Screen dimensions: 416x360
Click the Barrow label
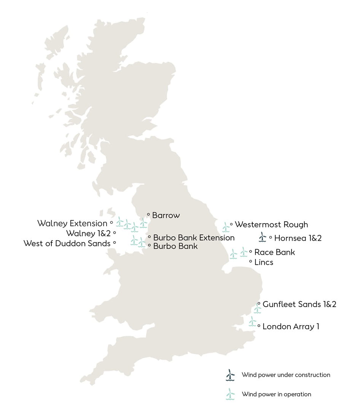[x=166, y=216]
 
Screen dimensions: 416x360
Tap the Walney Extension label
[x=72, y=223]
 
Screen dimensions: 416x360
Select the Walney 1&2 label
[x=88, y=233]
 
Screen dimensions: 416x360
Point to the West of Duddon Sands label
[x=67, y=243]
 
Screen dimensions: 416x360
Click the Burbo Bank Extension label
[x=194, y=238]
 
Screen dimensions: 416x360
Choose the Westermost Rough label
[x=271, y=225]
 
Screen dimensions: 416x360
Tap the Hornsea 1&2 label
[x=298, y=238]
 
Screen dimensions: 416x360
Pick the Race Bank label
[x=274, y=252]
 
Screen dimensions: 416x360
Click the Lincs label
[x=264, y=262]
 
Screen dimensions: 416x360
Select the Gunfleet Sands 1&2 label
[x=299, y=304]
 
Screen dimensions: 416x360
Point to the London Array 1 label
[x=291, y=326]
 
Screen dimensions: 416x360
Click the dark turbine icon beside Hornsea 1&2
[x=262, y=237]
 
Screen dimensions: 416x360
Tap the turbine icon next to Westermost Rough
[x=226, y=227]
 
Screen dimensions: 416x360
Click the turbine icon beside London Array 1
[x=252, y=321]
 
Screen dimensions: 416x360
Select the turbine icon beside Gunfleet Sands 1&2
[x=258, y=308]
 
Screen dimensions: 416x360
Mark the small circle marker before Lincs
[x=250, y=262]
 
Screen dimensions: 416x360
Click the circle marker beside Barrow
[x=148, y=214]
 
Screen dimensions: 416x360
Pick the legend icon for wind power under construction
[x=230, y=375]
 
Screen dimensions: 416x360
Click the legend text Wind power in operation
[x=276, y=394]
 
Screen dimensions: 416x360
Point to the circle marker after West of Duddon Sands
[x=115, y=242]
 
